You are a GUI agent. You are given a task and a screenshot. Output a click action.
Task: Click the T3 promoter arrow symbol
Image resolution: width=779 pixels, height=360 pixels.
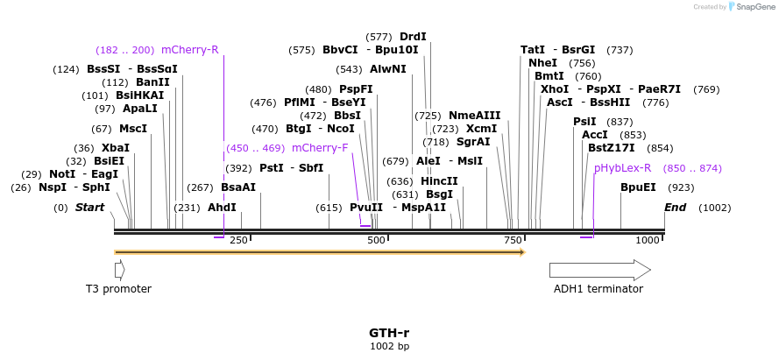click(x=119, y=270)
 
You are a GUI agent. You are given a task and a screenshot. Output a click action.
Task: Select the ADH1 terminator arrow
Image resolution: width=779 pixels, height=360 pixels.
click(x=599, y=270)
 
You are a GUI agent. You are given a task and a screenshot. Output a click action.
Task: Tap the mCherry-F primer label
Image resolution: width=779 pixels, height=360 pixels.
click(x=320, y=148)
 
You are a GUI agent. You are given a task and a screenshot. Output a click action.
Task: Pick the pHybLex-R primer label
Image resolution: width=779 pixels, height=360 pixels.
click(x=622, y=168)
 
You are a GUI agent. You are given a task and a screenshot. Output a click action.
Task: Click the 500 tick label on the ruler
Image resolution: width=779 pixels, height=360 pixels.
click(x=376, y=240)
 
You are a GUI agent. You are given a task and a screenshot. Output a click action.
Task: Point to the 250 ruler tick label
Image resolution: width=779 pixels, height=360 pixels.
click(x=238, y=240)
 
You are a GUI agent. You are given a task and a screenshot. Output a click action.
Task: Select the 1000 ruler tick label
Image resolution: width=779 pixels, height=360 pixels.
click(x=648, y=240)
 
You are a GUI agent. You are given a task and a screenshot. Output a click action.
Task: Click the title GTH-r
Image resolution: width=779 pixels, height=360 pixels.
click(x=389, y=333)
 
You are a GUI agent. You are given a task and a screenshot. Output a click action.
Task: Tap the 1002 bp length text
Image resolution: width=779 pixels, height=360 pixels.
click(x=389, y=347)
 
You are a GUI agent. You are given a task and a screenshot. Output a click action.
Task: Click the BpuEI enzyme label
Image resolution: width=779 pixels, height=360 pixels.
click(x=638, y=187)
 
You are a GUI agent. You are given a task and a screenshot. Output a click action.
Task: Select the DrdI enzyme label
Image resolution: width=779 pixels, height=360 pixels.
click(x=413, y=37)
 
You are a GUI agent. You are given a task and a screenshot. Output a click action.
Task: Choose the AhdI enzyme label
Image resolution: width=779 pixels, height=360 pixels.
click(x=222, y=208)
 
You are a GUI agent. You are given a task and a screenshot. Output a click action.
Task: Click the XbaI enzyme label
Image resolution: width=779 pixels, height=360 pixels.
click(x=116, y=148)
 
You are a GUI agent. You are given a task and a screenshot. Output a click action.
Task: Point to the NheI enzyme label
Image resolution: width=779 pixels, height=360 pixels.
click(x=542, y=63)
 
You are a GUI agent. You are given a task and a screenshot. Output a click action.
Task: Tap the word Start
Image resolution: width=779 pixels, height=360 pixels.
click(x=89, y=208)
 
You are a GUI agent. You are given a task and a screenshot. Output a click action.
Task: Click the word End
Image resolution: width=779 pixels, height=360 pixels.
click(x=675, y=208)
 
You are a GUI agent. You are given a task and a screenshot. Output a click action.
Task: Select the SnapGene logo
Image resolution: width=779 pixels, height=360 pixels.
click(x=751, y=7)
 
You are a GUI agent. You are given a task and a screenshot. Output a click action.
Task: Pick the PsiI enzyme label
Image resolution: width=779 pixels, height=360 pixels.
click(x=584, y=122)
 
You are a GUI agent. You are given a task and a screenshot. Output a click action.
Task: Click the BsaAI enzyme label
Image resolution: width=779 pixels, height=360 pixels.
click(x=238, y=187)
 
